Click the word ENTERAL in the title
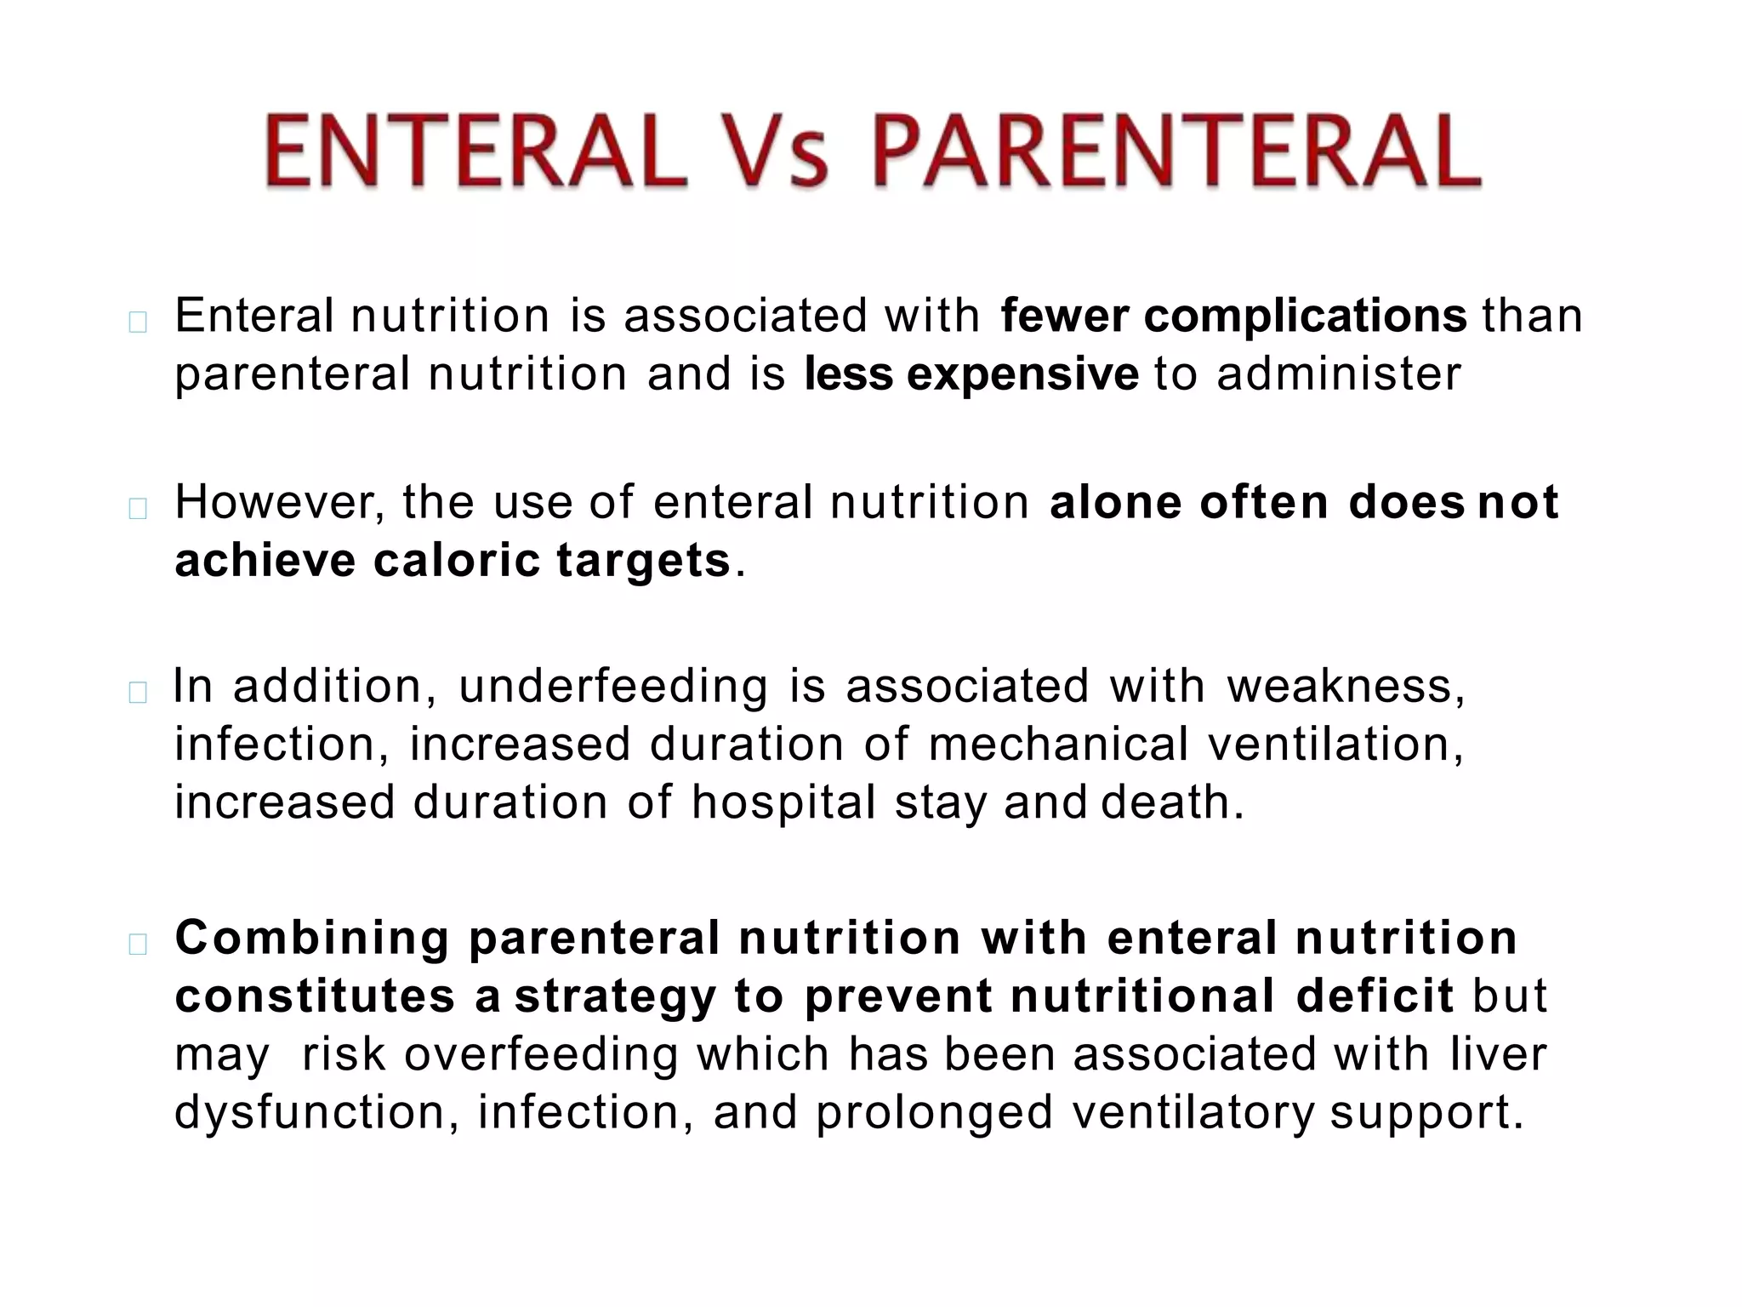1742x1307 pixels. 475,153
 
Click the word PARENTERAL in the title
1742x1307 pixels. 1177,153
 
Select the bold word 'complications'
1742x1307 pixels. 1305,317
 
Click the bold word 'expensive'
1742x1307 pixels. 1022,375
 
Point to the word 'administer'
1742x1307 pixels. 1339,375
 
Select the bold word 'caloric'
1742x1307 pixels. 457,561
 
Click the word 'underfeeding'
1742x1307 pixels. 612,688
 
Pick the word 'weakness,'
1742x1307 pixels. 1346,688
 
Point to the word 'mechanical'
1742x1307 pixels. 1058,745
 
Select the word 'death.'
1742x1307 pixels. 1173,803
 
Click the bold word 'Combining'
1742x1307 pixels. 312,939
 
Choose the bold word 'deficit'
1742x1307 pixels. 1375,996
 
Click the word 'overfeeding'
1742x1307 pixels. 541,1056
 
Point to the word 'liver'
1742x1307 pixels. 1498,1054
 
